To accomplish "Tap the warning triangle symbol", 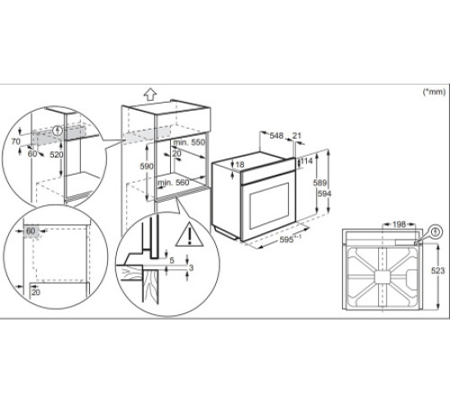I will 190,237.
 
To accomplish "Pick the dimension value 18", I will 238,164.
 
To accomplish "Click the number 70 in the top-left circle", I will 15,142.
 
